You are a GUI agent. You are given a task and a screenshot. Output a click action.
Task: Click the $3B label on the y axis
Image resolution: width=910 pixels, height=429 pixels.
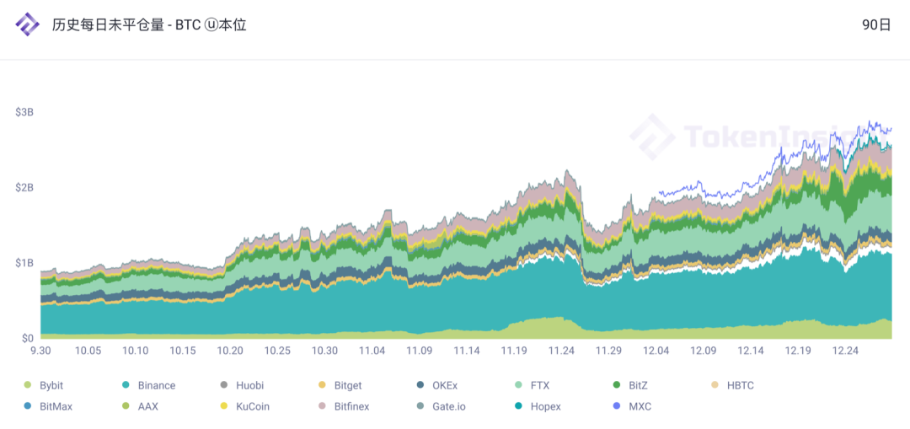pos(24,112)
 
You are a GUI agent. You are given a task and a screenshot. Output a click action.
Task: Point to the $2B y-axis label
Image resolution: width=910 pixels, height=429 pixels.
pos(24,187)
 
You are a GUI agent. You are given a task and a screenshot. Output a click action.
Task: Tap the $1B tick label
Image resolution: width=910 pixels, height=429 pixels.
pos(24,263)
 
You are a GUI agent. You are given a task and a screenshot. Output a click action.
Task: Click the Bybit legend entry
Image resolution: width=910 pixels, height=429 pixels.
pos(51,385)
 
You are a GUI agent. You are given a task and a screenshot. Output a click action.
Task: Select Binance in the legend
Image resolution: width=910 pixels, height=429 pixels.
pos(157,385)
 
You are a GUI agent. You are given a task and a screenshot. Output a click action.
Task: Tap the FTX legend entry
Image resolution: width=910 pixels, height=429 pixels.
pos(540,385)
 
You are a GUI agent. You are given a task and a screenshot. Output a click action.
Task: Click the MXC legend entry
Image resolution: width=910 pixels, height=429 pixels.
pos(639,406)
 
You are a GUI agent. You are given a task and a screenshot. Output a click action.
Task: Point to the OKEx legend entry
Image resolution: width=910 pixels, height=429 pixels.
pos(445,385)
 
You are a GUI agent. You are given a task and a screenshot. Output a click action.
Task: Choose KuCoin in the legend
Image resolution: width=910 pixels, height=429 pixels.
pos(254,406)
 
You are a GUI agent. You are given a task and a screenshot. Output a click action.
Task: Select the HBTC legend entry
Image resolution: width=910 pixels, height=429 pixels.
pos(740,385)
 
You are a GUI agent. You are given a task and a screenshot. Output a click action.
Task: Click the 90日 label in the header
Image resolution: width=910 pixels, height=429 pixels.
pos(876,24)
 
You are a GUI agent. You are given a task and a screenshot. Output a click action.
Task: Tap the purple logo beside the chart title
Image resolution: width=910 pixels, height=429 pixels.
pos(28,25)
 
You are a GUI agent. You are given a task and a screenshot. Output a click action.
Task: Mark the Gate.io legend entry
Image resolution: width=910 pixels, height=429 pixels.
pos(448,406)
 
